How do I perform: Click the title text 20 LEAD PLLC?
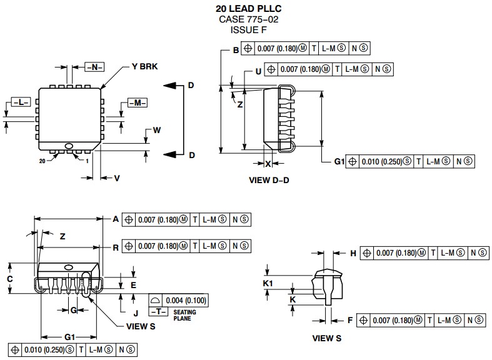pyautogui.click(x=248, y=9)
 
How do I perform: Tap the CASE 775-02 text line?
pyautogui.click(x=248, y=19)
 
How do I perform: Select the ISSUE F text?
pyautogui.click(x=248, y=29)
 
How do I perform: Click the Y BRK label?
pyautogui.click(x=144, y=67)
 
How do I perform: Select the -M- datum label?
pyautogui.click(x=137, y=102)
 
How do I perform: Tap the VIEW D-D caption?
pyautogui.click(x=269, y=180)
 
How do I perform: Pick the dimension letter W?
pyautogui.click(x=157, y=131)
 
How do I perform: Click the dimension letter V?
pyautogui.click(x=116, y=178)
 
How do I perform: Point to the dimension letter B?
pyautogui.click(x=236, y=50)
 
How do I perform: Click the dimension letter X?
pyautogui.click(x=268, y=164)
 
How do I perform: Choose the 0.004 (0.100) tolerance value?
pyautogui.click(x=186, y=301)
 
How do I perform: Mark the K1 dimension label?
pyautogui.click(x=268, y=284)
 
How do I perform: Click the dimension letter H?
pyautogui.click(x=353, y=253)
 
